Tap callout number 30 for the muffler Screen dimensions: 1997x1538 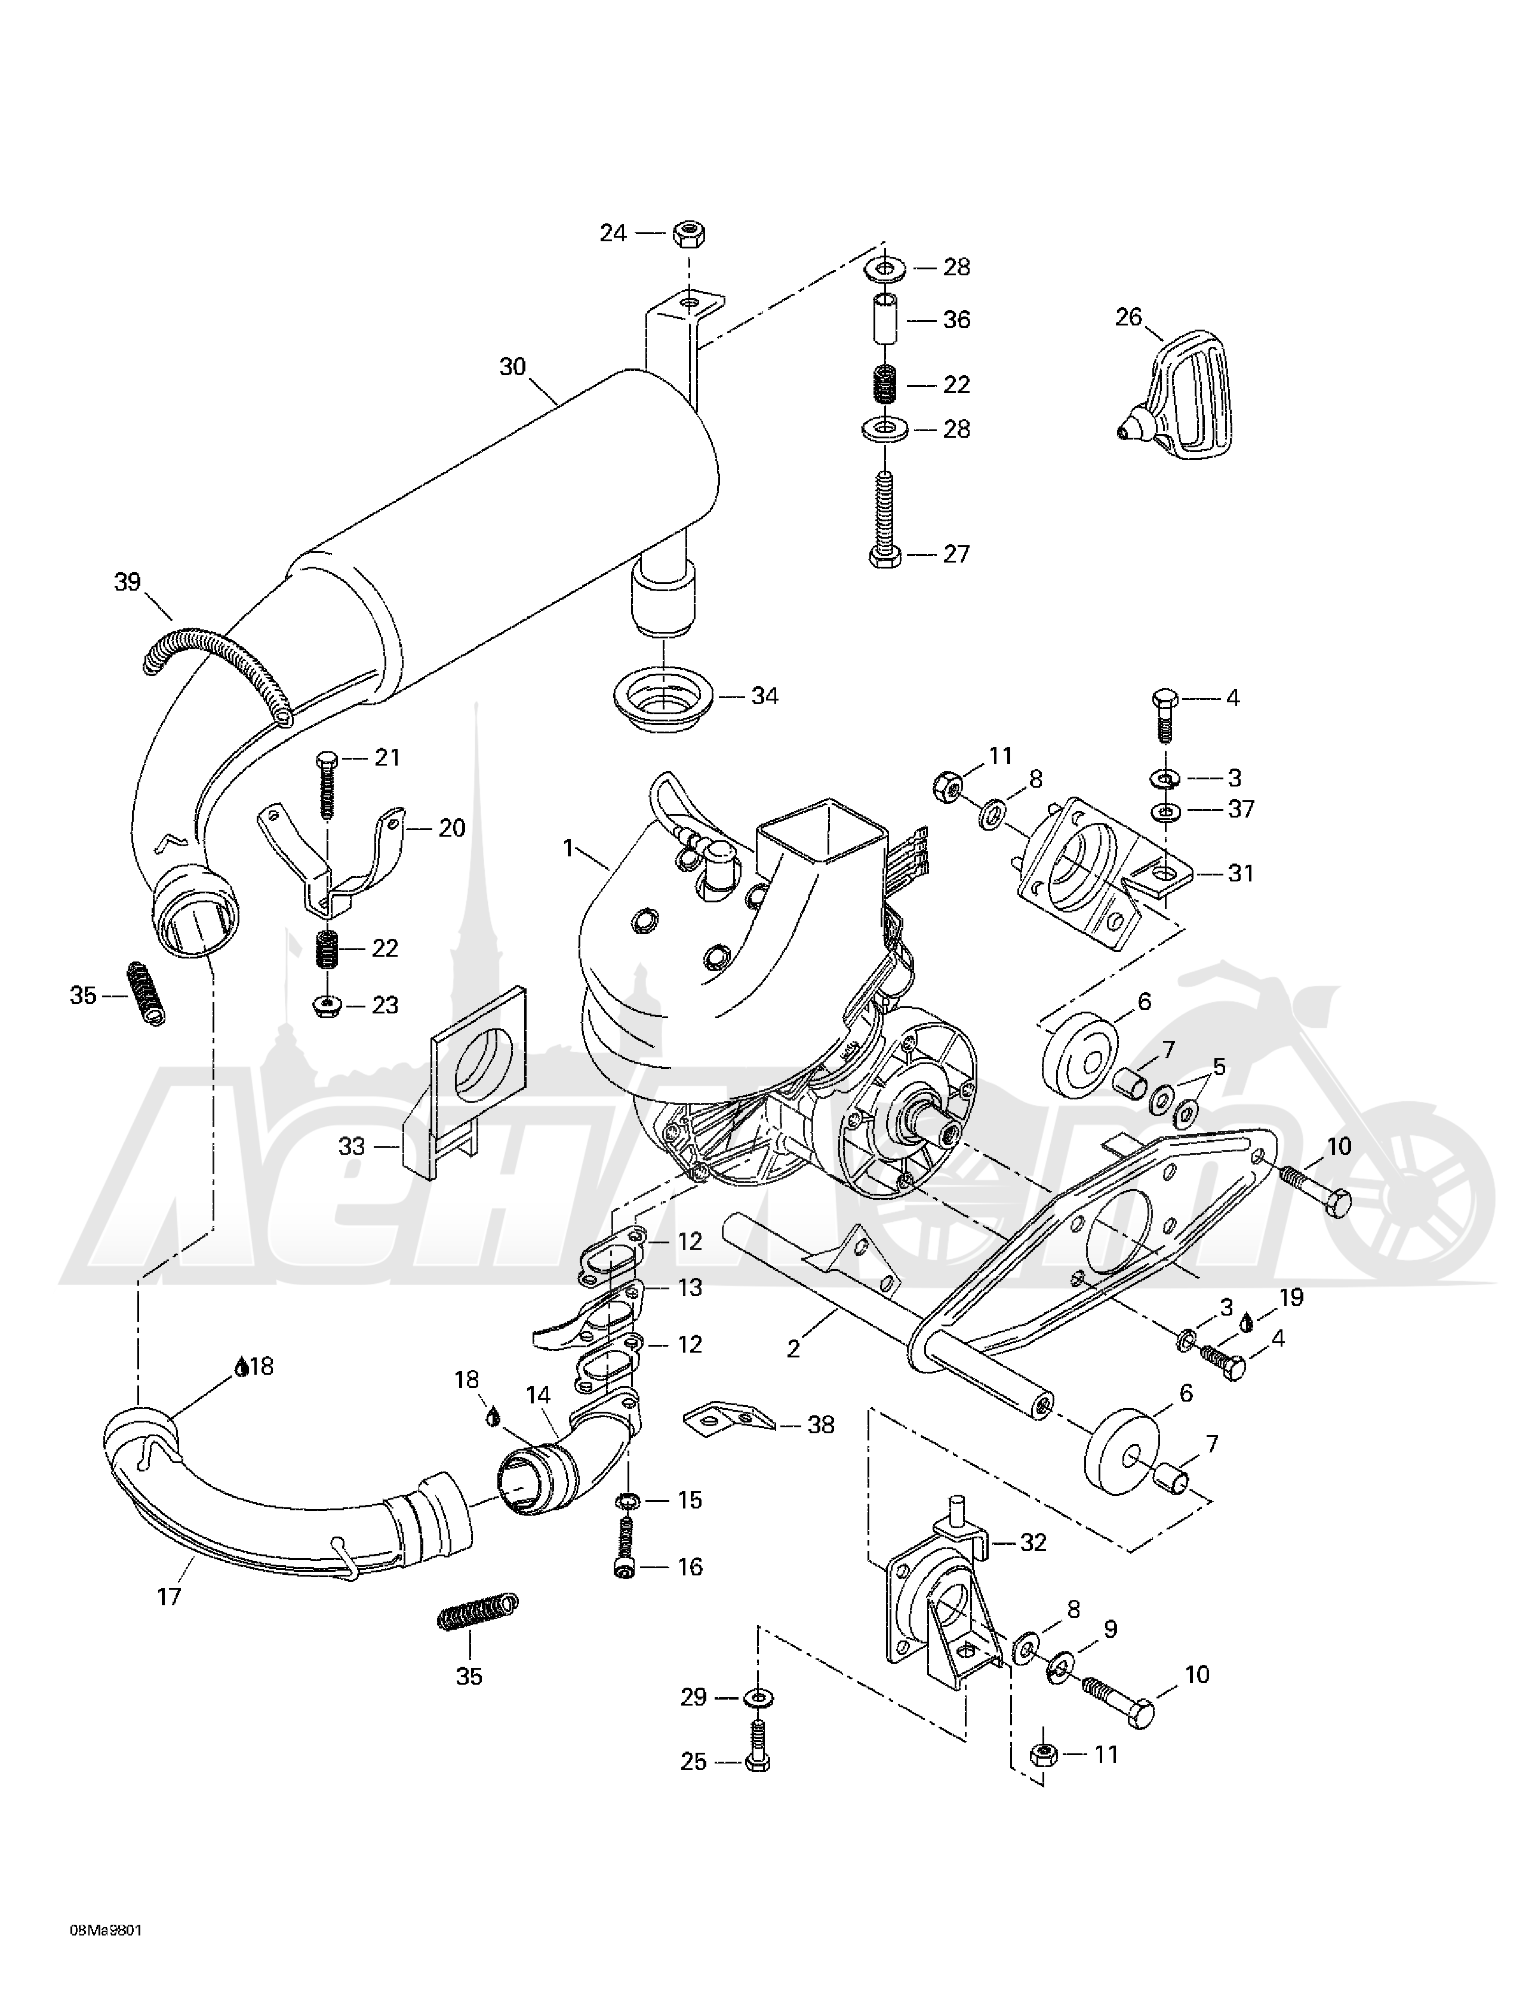tap(512, 367)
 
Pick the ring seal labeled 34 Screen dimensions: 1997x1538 tap(666, 698)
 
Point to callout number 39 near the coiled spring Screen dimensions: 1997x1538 tap(127, 582)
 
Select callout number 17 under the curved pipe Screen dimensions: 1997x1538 tap(169, 1596)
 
